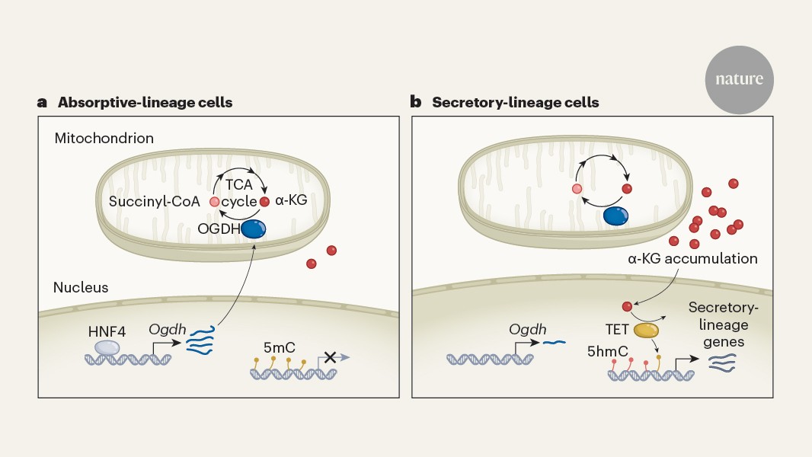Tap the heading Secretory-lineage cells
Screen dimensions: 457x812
(x=515, y=101)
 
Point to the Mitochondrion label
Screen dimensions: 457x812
(x=104, y=139)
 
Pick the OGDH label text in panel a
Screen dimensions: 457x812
(x=215, y=228)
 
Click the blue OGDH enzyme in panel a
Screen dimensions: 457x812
(x=254, y=228)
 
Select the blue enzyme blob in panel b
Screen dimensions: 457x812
(x=615, y=216)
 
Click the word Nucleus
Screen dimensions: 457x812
(x=81, y=287)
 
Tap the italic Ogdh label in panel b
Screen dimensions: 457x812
(x=529, y=330)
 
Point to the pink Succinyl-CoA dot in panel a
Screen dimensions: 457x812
(x=215, y=202)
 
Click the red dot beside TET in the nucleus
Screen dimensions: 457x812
(x=628, y=307)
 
